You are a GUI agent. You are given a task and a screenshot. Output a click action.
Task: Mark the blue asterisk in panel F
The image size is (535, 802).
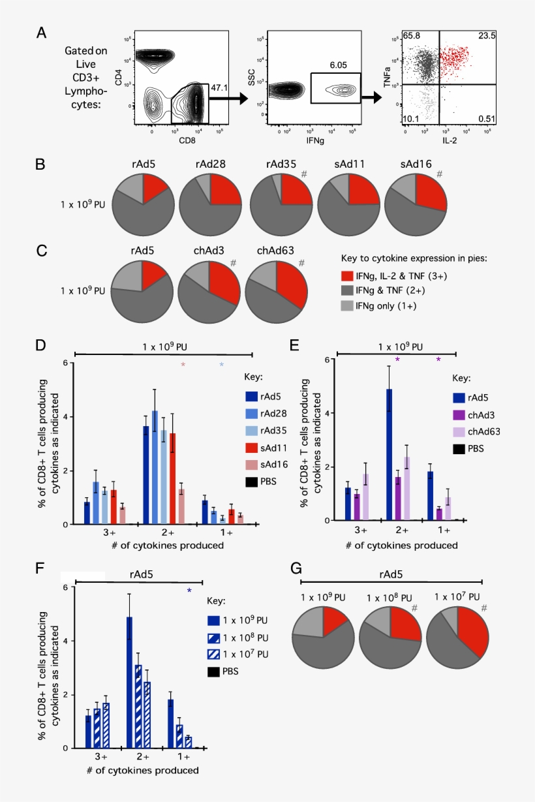(189, 591)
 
